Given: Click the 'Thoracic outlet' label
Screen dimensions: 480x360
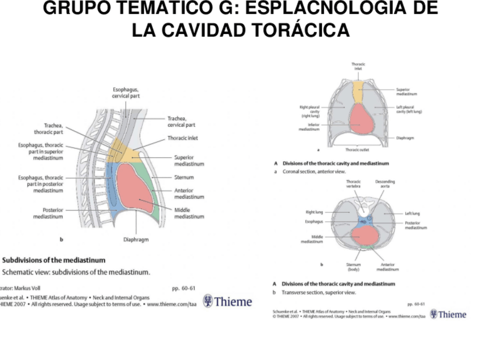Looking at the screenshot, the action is [358, 150].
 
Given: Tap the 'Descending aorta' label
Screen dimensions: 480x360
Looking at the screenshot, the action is [385, 184].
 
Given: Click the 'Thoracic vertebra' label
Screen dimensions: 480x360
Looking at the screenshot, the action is [353, 184].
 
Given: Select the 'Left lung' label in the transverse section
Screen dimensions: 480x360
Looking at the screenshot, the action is [412, 213].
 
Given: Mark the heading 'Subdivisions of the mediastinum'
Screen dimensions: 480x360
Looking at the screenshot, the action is [54, 260].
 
